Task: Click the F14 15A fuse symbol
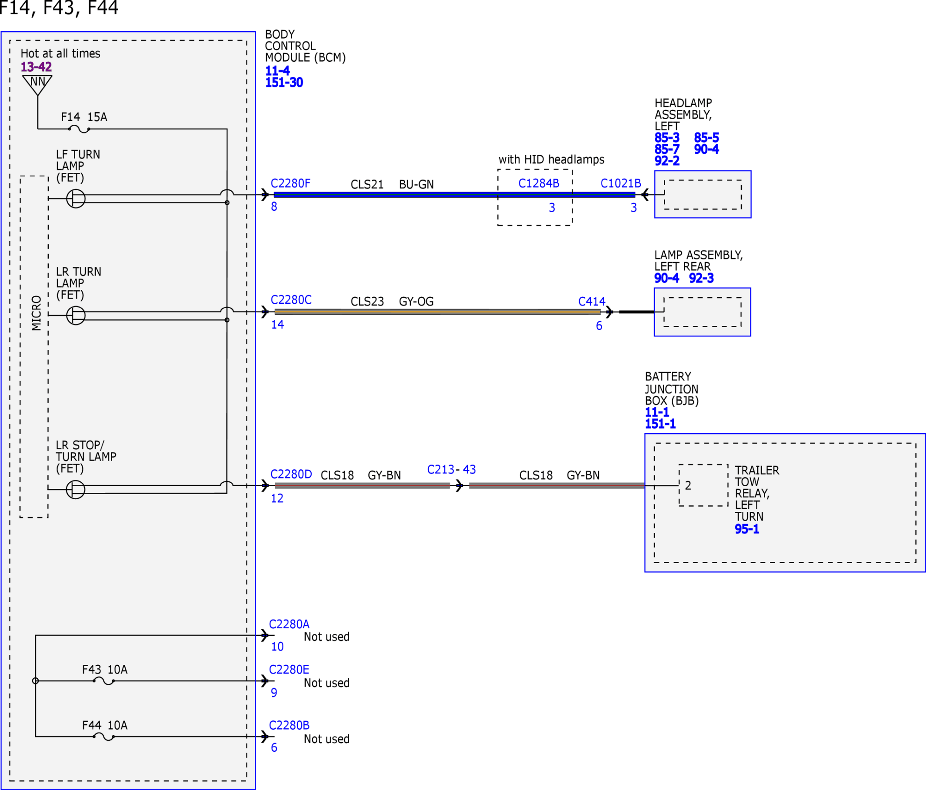tap(79, 129)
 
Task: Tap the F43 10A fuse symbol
tap(103, 681)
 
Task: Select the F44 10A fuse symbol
tap(103, 737)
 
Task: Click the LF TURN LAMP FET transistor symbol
tap(76, 199)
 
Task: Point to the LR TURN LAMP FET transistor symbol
tap(76, 315)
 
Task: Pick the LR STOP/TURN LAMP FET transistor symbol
tap(76, 490)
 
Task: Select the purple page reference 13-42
tap(36, 67)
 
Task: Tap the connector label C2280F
tap(290, 183)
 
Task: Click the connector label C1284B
tap(539, 183)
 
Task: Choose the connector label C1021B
tap(621, 183)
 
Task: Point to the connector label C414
tap(592, 302)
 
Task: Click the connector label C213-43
tap(451, 470)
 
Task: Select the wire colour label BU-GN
tap(416, 185)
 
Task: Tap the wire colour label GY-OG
tap(416, 302)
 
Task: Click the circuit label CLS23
tap(367, 302)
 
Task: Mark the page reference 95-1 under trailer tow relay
tap(747, 529)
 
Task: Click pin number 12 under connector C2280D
tap(277, 498)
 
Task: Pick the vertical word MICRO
tap(36, 313)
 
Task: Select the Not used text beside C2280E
tap(326, 683)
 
